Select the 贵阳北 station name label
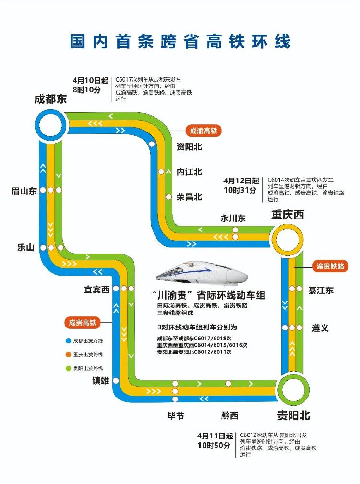coord(293,415)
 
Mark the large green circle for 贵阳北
coord(293,387)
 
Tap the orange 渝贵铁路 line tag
coord(330,266)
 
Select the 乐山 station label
coord(25,248)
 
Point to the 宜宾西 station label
coord(97,289)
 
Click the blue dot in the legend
coord(69,341)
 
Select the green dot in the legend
coord(69,368)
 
